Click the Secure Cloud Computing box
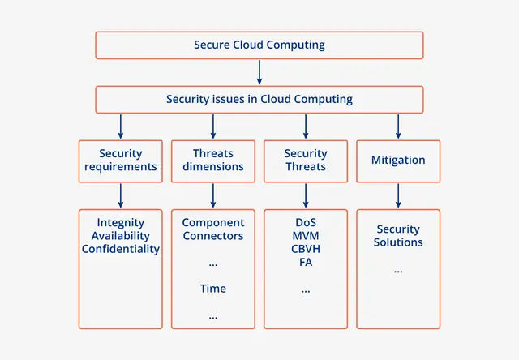(x=259, y=45)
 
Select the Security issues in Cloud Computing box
(x=259, y=100)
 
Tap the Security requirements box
(x=120, y=161)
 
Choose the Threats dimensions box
(x=212, y=161)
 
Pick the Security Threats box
(x=306, y=161)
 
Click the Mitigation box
(x=398, y=161)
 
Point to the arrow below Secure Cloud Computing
(x=259, y=72)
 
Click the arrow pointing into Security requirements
(x=120, y=126)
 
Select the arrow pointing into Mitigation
(x=398, y=126)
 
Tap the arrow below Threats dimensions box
(x=212, y=195)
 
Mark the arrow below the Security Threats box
(x=306, y=195)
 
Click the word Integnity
(x=120, y=223)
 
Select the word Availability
(x=120, y=236)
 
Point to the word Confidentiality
(x=120, y=249)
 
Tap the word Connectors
(x=212, y=236)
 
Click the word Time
(x=212, y=289)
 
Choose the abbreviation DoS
(x=306, y=223)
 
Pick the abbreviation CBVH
(x=306, y=249)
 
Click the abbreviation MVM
(x=306, y=236)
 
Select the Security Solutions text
(x=398, y=236)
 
